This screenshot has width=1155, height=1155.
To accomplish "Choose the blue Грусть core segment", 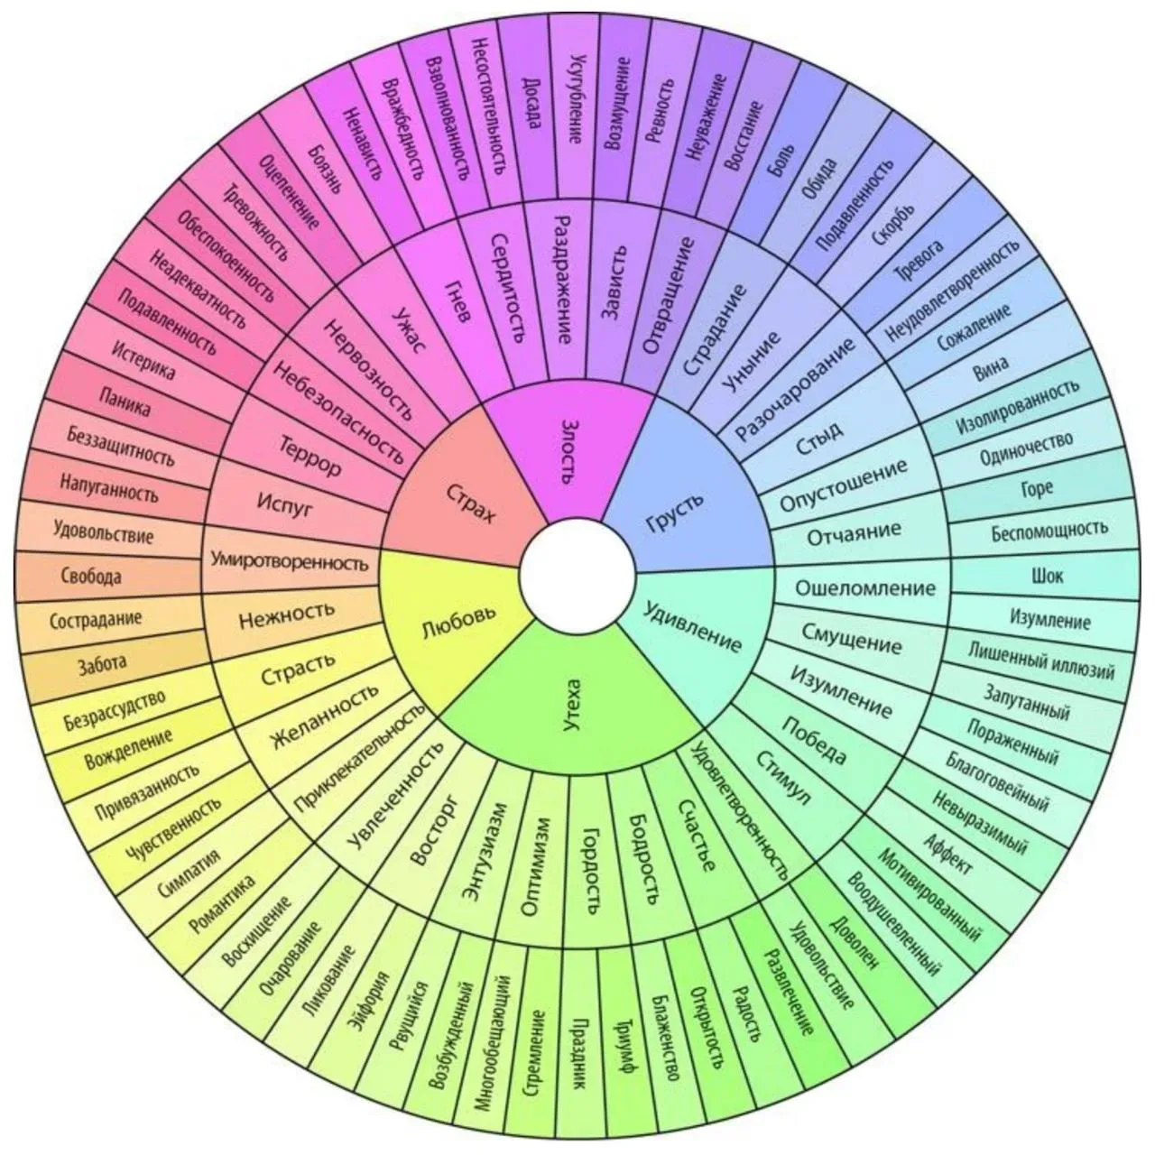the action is (689, 497).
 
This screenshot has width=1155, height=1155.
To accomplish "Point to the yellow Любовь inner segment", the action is (453, 624).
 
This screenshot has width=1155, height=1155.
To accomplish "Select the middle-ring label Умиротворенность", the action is (290, 562).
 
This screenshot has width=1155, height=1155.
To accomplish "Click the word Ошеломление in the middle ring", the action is (865, 588).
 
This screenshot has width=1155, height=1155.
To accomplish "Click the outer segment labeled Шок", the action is (1046, 576).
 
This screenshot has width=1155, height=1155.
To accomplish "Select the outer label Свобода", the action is (91, 576).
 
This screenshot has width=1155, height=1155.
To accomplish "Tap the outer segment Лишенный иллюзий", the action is (1041, 661).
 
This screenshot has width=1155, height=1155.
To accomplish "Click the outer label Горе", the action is (1037, 488).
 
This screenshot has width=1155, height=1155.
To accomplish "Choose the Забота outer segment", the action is (103, 665).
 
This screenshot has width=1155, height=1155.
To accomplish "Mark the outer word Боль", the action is (781, 160).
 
